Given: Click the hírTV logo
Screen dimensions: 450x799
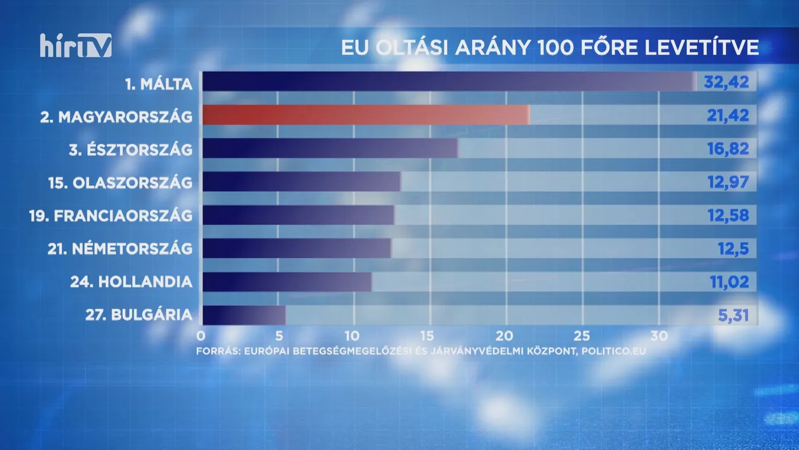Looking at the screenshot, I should point(75,46).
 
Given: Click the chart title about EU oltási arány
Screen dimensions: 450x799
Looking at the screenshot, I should point(550,47).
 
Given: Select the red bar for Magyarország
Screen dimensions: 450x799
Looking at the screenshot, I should point(365,115).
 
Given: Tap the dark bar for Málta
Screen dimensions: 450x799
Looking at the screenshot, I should point(448,82).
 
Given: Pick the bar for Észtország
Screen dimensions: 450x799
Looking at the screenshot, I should point(330,148).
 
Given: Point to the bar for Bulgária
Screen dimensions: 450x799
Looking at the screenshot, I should point(244,315).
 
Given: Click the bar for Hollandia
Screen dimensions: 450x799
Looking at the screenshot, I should point(287,281).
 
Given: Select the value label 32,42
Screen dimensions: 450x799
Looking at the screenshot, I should point(727,82).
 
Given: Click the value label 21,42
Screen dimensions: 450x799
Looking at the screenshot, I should point(728,115).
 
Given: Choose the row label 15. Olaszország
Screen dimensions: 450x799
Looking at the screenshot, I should point(120,182).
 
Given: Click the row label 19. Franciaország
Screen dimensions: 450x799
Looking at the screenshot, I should point(111,216).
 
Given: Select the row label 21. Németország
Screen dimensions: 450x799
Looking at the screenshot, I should point(120,249).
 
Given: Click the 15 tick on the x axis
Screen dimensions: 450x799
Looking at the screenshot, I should point(429,335).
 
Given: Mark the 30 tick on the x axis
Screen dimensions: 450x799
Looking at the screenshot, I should point(658,335).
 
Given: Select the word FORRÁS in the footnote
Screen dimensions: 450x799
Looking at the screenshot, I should point(215,351).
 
